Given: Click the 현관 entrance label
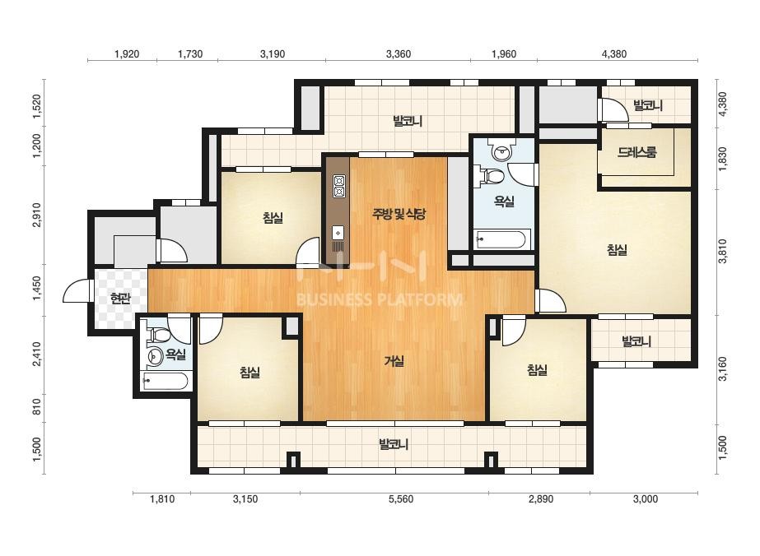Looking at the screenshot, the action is [x=120, y=299].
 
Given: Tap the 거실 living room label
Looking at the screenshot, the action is [x=394, y=361].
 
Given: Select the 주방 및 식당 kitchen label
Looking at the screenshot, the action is [x=399, y=214].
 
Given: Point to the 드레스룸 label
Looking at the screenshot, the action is [x=636, y=152].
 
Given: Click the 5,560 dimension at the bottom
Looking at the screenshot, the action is [x=401, y=499].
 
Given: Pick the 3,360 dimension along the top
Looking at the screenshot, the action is [x=399, y=53].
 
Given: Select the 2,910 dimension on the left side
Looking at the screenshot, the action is [x=37, y=215].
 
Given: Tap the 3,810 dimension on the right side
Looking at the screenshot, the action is [x=723, y=251].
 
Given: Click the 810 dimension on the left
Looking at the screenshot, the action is [x=37, y=407].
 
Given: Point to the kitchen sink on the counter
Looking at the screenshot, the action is [x=338, y=233].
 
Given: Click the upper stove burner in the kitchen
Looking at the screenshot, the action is [x=338, y=181].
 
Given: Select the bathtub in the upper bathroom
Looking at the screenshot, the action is [x=501, y=239].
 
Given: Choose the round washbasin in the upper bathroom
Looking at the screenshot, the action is [x=501, y=153].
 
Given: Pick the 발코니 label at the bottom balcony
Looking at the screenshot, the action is [x=394, y=444].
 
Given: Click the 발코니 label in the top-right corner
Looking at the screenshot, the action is [x=647, y=105].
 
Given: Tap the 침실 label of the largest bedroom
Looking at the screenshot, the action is [x=617, y=250].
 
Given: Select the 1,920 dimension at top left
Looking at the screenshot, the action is [x=127, y=53].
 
